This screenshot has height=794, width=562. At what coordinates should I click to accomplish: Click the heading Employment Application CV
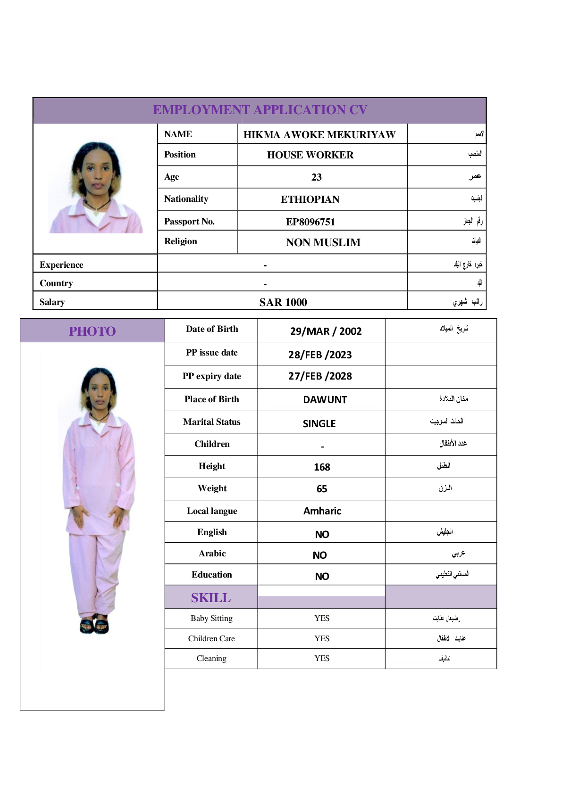[260, 110]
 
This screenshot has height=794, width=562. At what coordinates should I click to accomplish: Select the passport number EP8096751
[310, 222]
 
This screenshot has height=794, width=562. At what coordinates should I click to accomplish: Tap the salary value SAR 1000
[283, 302]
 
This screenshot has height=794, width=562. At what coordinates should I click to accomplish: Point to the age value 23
[316, 177]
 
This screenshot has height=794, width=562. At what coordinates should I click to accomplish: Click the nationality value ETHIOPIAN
[310, 199]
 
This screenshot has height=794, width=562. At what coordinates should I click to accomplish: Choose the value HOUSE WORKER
[310, 155]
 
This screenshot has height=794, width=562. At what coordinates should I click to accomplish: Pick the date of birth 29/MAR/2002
[326, 331]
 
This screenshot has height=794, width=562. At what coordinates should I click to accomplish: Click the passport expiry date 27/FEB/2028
[320, 376]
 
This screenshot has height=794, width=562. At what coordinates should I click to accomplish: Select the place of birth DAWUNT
[325, 400]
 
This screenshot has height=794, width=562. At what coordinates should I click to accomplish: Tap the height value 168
[322, 467]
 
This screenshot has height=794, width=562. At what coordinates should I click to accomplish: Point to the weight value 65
[322, 489]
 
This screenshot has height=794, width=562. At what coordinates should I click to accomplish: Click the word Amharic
[322, 511]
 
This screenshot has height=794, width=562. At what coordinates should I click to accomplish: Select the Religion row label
[181, 241]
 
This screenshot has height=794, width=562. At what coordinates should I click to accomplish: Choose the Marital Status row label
[211, 422]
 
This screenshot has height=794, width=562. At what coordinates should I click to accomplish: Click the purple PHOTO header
[92, 331]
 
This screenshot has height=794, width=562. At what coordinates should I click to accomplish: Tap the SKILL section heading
[211, 598]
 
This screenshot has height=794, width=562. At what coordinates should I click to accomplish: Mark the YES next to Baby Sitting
[322, 618]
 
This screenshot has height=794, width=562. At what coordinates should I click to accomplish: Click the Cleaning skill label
[211, 659]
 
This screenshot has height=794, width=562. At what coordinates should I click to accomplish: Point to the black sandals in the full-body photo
[94, 625]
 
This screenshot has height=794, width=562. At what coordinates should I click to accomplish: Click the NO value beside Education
[322, 576]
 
